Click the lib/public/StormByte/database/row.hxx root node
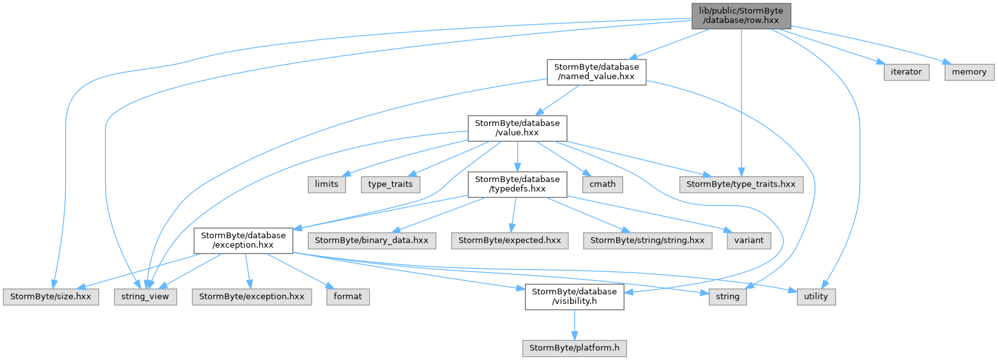[x=741, y=16]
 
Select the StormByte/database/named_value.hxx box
[x=596, y=72]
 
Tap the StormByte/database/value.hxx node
[x=517, y=128]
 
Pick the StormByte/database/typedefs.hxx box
[x=517, y=184]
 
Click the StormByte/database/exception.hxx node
[x=243, y=241]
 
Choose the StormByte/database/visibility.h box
[x=574, y=297]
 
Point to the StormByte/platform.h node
[x=574, y=348]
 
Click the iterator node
[x=906, y=72]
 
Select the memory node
[x=969, y=72]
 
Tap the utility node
[x=816, y=297]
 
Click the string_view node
[x=145, y=297]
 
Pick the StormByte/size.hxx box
[x=51, y=297]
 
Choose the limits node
[x=326, y=184]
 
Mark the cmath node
[x=602, y=184]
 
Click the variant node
[x=749, y=241]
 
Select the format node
[x=348, y=297]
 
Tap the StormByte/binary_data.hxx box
[x=372, y=241]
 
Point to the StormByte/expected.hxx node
[x=510, y=241]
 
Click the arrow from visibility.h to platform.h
[x=574, y=325]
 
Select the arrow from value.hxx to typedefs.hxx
[x=517, y=156]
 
